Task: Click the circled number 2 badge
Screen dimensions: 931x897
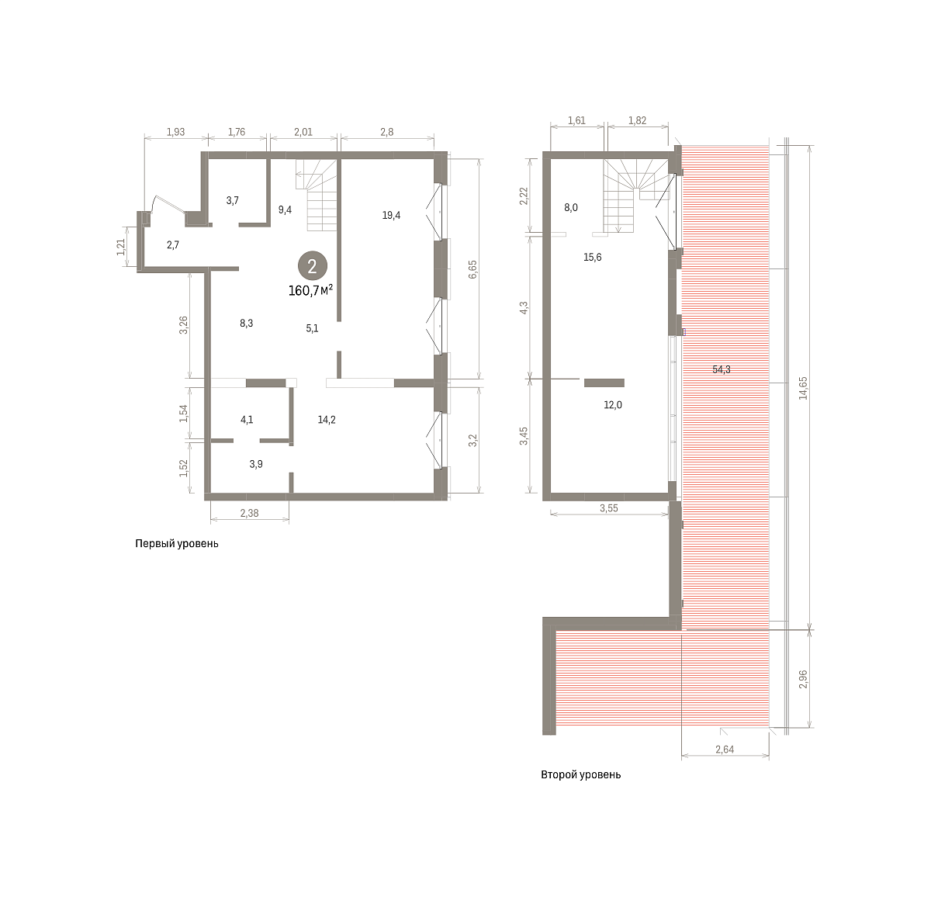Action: (x=313, y=266)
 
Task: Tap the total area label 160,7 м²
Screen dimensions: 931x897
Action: (x=310, y=290)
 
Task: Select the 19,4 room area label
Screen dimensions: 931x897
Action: (x=391, y=215)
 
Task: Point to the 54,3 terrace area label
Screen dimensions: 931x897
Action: (x=722, y=369)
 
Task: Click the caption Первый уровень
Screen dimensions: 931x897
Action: (x=177, y=544)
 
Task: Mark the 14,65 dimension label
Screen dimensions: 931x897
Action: (x=803, y=388)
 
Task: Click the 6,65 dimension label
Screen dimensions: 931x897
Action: (x=472, y=269)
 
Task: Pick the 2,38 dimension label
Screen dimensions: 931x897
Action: (x=249, y=514)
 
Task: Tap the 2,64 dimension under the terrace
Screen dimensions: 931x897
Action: (x=725, y=750)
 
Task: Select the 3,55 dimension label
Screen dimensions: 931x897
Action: (x=609, y=508)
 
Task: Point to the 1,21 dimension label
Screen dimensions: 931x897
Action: (x=120, y=248)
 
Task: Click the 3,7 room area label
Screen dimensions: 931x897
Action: (x=233, y=200)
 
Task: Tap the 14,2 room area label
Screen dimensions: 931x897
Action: (x=327, y=420)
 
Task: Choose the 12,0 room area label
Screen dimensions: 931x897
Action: (x=613, y=405)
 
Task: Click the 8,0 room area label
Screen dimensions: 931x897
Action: (x=571, y=207)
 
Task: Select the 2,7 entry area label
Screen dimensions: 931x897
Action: (x=173, y=245)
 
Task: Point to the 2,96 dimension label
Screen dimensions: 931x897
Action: (x=803, y=679)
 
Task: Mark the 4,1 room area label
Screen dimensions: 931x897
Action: (x=247, y=420)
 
